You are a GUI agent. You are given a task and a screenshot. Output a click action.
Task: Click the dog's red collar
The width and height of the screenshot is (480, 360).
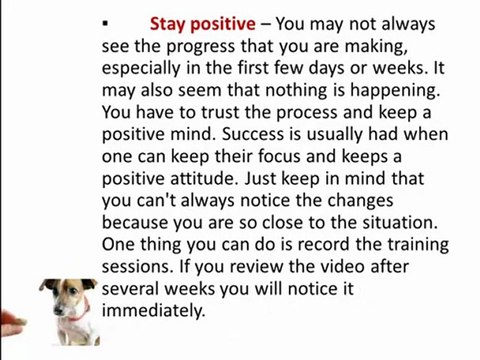point(73,318)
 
